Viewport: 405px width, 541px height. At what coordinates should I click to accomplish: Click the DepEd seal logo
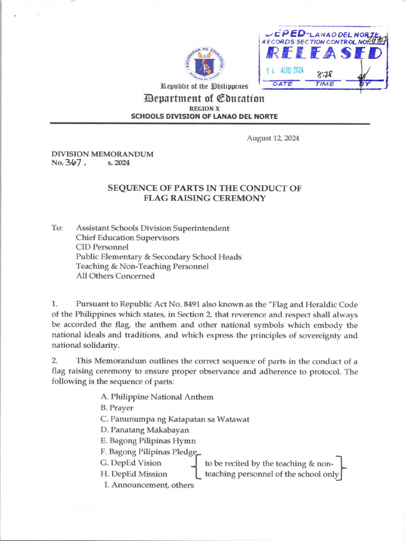tap(204, 65)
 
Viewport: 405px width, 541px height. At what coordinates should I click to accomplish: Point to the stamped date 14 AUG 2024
tap(285, 71)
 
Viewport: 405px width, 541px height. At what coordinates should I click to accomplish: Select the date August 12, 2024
tap(273, 138)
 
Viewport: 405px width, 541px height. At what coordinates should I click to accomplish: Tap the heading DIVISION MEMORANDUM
tap(102, 154)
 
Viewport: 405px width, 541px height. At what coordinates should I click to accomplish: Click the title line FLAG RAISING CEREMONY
tap(205, 198)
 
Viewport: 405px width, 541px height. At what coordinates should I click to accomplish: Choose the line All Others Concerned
tap(115, 276)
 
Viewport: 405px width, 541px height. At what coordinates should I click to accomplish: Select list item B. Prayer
tap(117, 408)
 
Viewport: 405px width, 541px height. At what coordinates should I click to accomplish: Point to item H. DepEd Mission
tap(133, 474)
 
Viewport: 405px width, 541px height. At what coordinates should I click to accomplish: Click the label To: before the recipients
tap(57, 228)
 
